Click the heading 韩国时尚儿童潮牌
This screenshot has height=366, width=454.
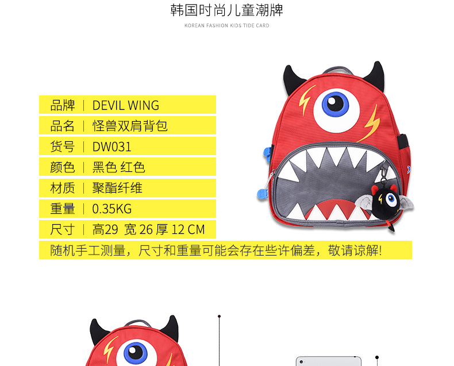[226, 10]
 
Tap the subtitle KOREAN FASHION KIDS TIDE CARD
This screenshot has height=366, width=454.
[226, 25]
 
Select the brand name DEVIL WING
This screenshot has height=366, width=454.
[126, 105]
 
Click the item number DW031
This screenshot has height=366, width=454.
[111, 147]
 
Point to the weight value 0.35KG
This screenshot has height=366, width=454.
[112, 209]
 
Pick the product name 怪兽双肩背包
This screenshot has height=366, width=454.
[130, 126]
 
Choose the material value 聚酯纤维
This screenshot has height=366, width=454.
[117, 188]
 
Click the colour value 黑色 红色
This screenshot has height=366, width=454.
[119, 167]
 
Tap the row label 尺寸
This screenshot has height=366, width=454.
[63, 229]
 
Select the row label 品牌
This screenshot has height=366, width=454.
[63, 105]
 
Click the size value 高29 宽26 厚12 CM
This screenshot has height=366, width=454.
[148, 229]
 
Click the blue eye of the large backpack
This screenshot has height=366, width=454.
[336, 104]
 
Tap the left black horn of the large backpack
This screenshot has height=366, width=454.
[293, 79]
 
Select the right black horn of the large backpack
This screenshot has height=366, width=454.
[375, 75]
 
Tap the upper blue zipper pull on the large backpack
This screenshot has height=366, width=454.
[267, 154]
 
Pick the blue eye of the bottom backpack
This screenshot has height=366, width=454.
[136, 353]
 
